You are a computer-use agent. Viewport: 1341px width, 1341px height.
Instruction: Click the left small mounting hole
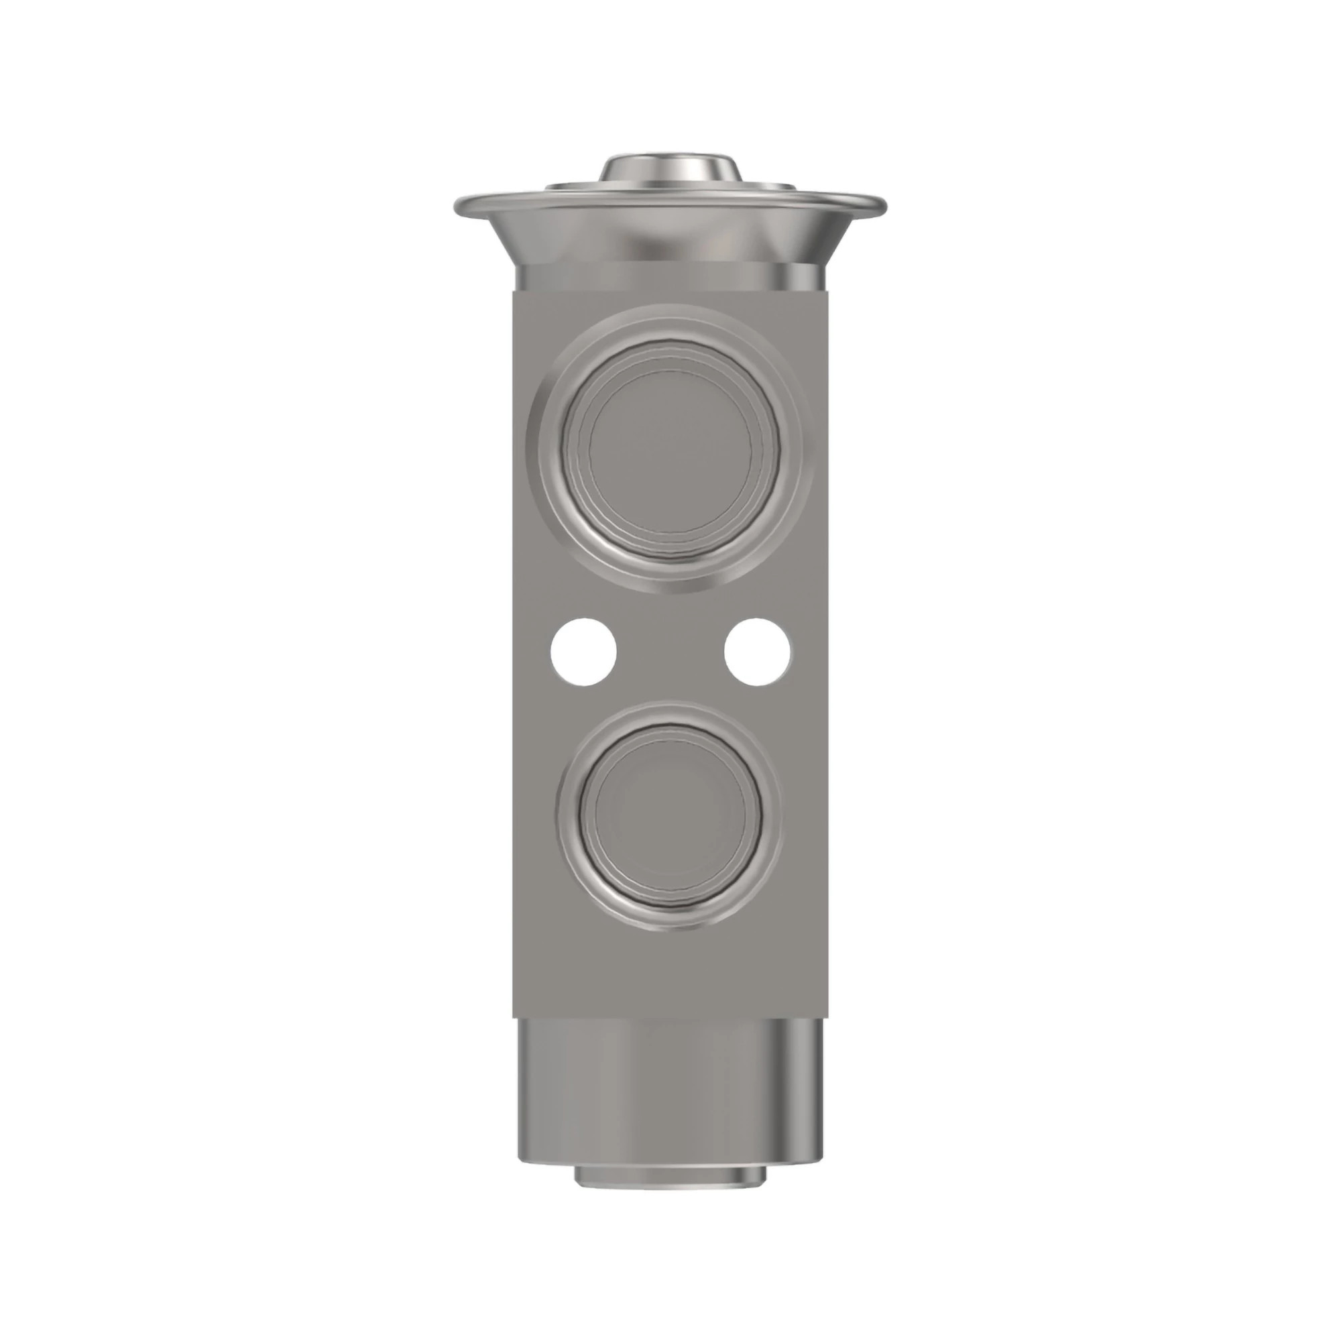584,652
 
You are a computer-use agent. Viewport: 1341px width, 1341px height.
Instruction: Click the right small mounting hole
757,652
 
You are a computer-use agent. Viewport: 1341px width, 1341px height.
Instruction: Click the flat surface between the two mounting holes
670,652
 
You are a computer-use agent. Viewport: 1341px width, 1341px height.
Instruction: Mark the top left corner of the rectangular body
516,292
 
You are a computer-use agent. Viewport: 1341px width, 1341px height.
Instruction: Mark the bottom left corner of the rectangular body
516,1018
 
